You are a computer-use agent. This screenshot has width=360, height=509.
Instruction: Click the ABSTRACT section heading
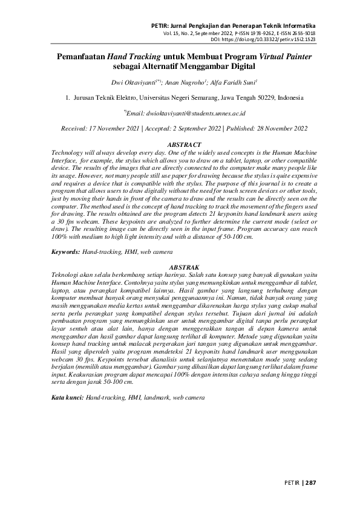pos(180,146)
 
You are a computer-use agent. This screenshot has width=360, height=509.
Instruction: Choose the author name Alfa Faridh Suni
pos(233,82)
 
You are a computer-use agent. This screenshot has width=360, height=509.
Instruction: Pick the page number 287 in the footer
pos(310,483)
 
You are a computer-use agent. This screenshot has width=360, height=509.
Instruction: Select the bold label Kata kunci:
pos(67,398)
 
